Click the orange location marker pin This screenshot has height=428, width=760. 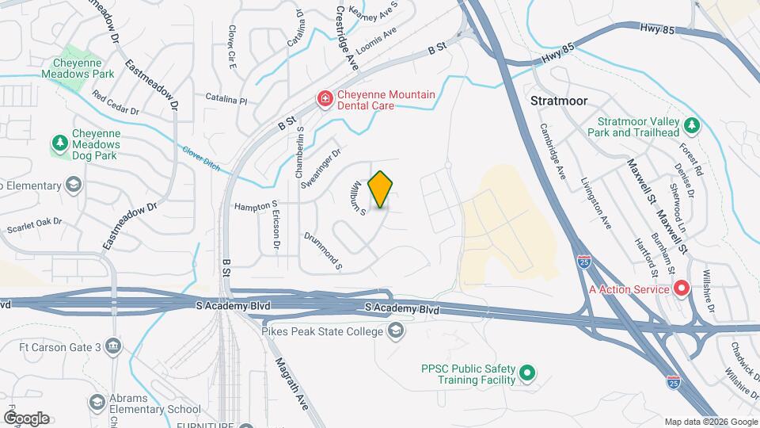(x=381, y=189)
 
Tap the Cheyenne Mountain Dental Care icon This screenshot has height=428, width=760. (x=325, y=99)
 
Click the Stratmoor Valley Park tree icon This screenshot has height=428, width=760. (x=692, y=124)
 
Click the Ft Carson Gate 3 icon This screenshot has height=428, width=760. (x=114, y=346)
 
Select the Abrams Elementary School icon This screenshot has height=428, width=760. (x=97, y=403)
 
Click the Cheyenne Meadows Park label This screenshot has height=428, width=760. (x=83, y=68)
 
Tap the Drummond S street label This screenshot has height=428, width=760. (x=323, y=248)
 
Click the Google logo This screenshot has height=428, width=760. (x=26, y=418)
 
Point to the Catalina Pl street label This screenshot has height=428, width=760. (x=226, y=102)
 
